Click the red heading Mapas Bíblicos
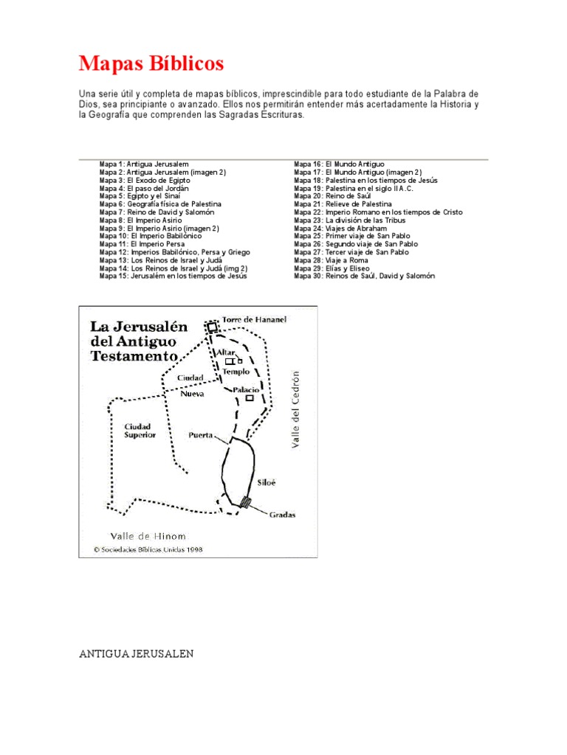pyautogui.click(x=151, y=63)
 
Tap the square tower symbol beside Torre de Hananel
pyautogui.click(x=213, y=326)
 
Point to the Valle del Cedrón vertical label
pyautogui.click(x=296, y=409)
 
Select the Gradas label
pyautogui.click(x=281, y=515)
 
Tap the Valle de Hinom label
pyautogui.click(x=148, y=536)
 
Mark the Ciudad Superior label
pyautogui.click(x=140, y=431)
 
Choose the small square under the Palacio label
pyautogui.click(x=250, y=398)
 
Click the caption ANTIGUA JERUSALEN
pyautogui.click(x=137, y=653)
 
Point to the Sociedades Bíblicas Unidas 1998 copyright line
pyautogui.click(x=148, y=549)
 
